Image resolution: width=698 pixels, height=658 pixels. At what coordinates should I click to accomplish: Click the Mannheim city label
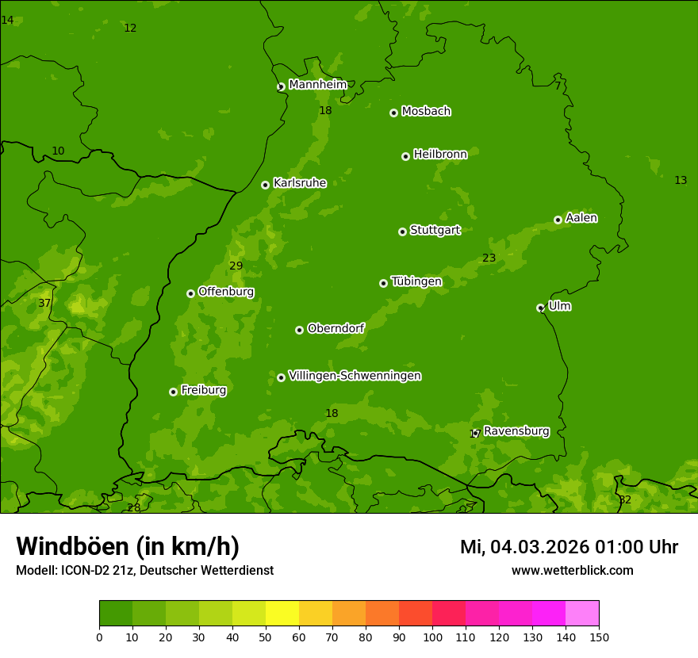317,85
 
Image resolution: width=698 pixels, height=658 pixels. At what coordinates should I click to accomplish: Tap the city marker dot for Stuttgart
402,231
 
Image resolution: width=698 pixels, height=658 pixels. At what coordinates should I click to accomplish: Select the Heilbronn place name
440,155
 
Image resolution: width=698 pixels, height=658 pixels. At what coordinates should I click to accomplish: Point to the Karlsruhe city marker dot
265,185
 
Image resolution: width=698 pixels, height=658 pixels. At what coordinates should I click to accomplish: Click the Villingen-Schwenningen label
355,376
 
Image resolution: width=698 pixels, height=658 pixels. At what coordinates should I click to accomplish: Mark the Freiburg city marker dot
173,392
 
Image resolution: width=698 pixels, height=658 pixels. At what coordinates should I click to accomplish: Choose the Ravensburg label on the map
516,431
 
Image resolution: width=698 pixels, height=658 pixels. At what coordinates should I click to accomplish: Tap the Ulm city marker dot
540,308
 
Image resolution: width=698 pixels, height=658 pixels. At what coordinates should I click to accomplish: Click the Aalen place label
581,218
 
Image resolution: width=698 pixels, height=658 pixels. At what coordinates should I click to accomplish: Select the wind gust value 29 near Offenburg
236,266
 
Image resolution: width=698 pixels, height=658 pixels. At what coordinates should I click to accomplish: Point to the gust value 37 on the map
44,303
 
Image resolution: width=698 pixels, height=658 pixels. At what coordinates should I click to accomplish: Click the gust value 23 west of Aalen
489,258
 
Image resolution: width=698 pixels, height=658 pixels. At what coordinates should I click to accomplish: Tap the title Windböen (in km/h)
128,546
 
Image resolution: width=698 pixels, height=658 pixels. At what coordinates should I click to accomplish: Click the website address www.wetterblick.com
572,571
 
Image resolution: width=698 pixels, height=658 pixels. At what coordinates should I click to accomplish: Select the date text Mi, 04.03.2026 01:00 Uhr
569,547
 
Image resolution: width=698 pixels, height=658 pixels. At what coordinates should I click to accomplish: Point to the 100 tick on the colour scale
432,637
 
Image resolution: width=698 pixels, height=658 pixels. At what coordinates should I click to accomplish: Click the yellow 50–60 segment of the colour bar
282,614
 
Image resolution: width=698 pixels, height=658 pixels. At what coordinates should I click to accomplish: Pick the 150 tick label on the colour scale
599,637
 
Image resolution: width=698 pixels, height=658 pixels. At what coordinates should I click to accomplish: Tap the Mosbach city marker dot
393,113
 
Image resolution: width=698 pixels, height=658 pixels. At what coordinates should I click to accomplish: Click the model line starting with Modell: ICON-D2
144,571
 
